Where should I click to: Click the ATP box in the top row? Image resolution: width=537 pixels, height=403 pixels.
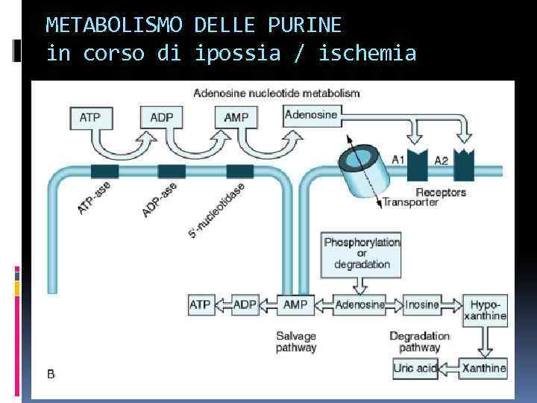[90, 117]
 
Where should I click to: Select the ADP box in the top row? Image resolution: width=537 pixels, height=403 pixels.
[162, 117]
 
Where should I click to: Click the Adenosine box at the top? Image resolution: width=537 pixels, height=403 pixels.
[312, 115]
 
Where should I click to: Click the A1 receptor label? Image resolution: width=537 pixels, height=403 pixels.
[399, 159]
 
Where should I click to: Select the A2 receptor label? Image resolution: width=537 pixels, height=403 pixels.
[442, 159]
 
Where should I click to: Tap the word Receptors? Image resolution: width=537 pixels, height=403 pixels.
[440, 192]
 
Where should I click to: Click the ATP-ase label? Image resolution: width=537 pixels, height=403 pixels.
[94, 198]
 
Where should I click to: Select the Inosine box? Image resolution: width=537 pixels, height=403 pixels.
[422, 304]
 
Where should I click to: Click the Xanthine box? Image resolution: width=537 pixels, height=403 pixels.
[484, 367]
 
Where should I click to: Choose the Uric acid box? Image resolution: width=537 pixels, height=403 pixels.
[415, 367]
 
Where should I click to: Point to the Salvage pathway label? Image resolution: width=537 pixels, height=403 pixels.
[296, 341]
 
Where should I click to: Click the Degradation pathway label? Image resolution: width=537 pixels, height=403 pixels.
[419, 341]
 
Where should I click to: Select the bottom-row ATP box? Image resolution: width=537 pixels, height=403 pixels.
[200, 304]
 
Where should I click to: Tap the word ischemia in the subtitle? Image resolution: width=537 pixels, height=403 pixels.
[369, 54]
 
